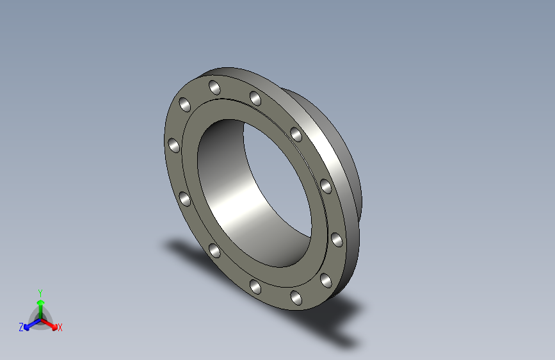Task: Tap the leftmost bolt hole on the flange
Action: point(172,146)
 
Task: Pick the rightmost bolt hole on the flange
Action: point(337,240)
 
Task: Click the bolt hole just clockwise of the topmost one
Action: point(255,98)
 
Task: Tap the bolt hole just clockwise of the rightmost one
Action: point(325,279)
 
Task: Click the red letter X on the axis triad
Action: point(60,328)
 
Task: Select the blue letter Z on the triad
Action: point(21,327)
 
